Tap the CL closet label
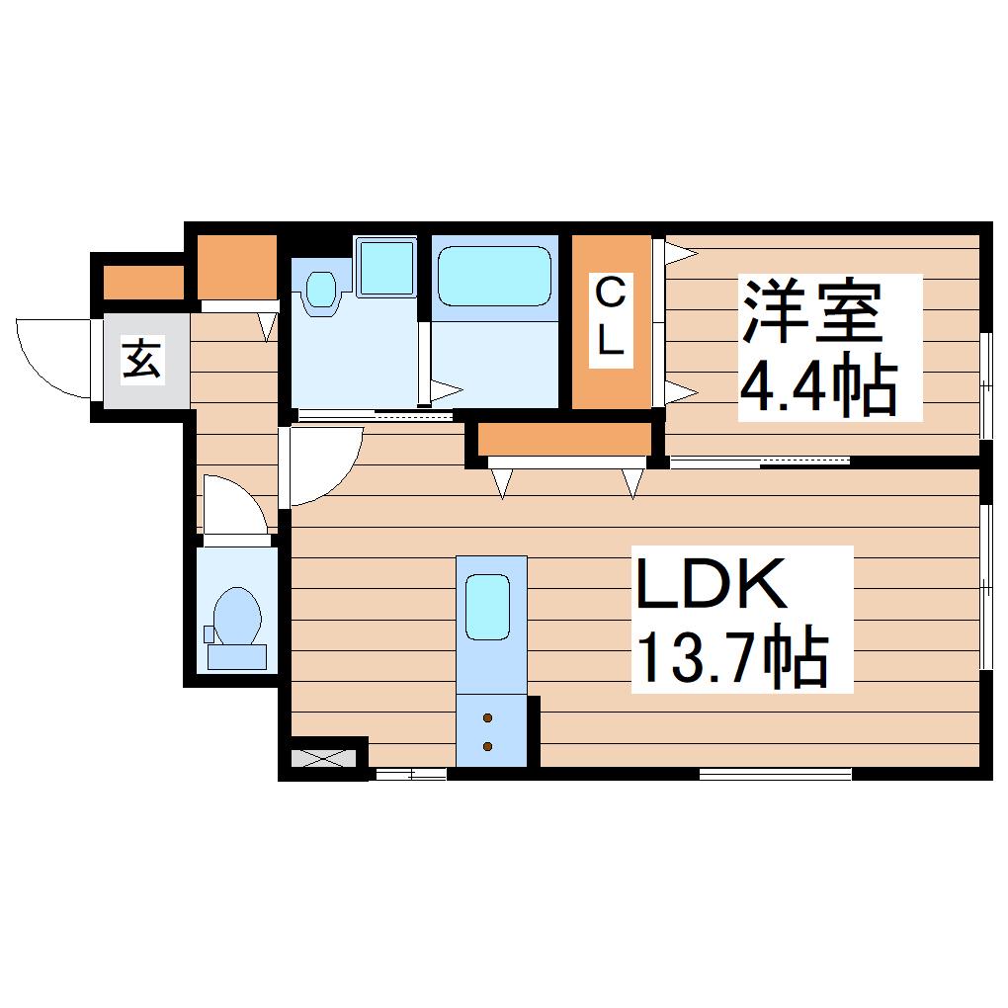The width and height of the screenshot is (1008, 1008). click(610, 320)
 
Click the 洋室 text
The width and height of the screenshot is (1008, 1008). click(812, 312)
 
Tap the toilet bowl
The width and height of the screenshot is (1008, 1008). click(236, 616)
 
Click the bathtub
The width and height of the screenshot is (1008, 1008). click(494, 277)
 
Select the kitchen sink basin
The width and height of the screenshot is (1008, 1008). click(487, 608)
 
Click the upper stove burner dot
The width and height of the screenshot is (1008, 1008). click(487, 717)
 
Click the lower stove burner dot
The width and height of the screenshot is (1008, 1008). click(487, 746)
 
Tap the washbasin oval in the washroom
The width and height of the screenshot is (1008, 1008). click(321, 290)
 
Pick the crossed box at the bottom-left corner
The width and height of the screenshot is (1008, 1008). click(324, 759)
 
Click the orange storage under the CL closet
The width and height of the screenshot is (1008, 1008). click(563, 439)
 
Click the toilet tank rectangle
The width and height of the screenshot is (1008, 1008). click(236, 657)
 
